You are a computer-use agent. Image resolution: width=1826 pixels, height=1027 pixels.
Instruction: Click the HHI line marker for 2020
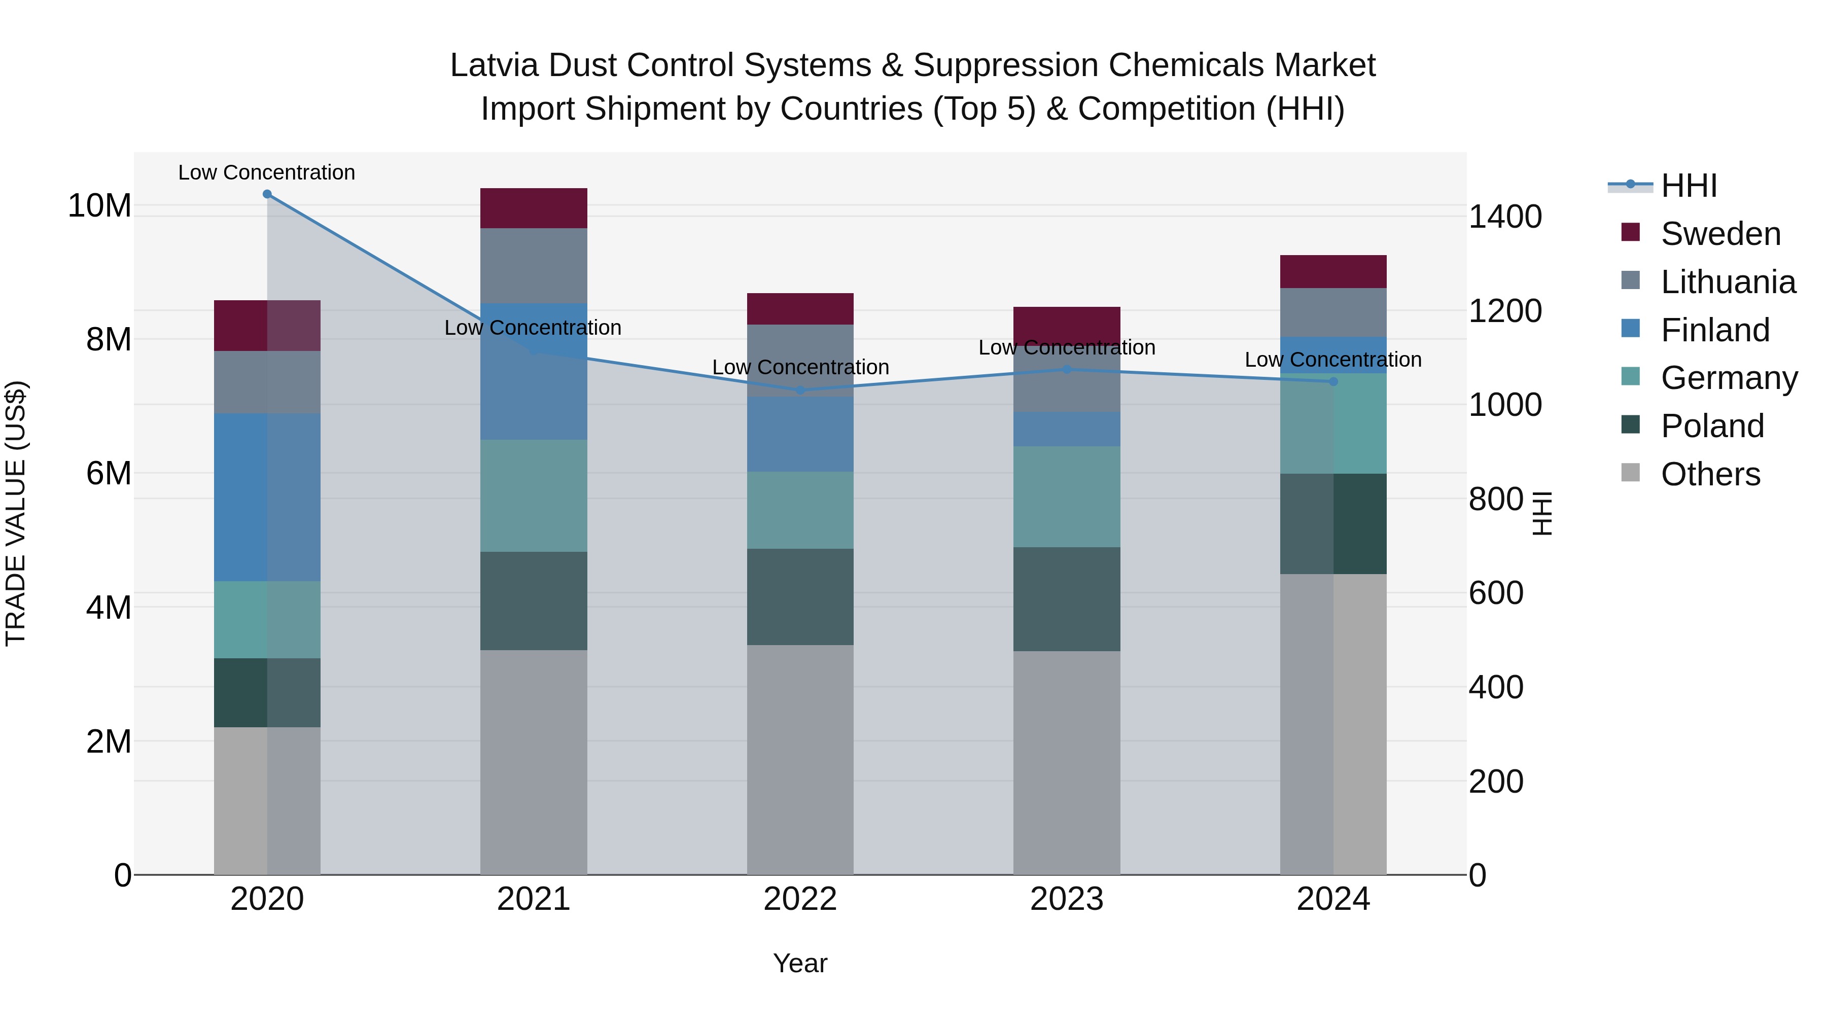coord(267,194)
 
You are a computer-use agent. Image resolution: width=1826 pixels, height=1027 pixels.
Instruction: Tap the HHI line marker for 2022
coord(800,390)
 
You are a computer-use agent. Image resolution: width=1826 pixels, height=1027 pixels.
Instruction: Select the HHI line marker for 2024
coord(1333,381)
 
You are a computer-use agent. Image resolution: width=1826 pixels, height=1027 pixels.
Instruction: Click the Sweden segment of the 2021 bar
coord(534,208)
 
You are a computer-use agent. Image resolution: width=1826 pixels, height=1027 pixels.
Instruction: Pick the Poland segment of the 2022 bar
coord(800,597)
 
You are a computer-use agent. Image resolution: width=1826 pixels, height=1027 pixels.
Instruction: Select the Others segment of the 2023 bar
coord(1067,763)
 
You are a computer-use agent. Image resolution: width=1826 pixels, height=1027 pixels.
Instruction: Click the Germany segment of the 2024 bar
coord(1333,423)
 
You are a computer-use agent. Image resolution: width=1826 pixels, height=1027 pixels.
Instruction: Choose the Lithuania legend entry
coord(1728,282)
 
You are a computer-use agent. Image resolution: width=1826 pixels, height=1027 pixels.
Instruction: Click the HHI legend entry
coord(1689,186)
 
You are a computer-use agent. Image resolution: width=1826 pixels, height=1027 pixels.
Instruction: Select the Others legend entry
coord(1710,474)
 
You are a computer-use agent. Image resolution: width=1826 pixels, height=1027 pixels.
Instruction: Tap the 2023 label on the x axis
coord(1067,899)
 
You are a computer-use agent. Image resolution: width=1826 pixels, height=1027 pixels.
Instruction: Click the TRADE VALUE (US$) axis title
coord(16,513)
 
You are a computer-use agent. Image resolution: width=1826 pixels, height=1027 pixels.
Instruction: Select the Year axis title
coord(800,963)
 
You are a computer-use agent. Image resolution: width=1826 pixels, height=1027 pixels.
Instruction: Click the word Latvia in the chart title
coord(494,65)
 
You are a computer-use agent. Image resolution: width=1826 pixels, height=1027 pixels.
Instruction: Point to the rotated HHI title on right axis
coord(1542,513)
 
